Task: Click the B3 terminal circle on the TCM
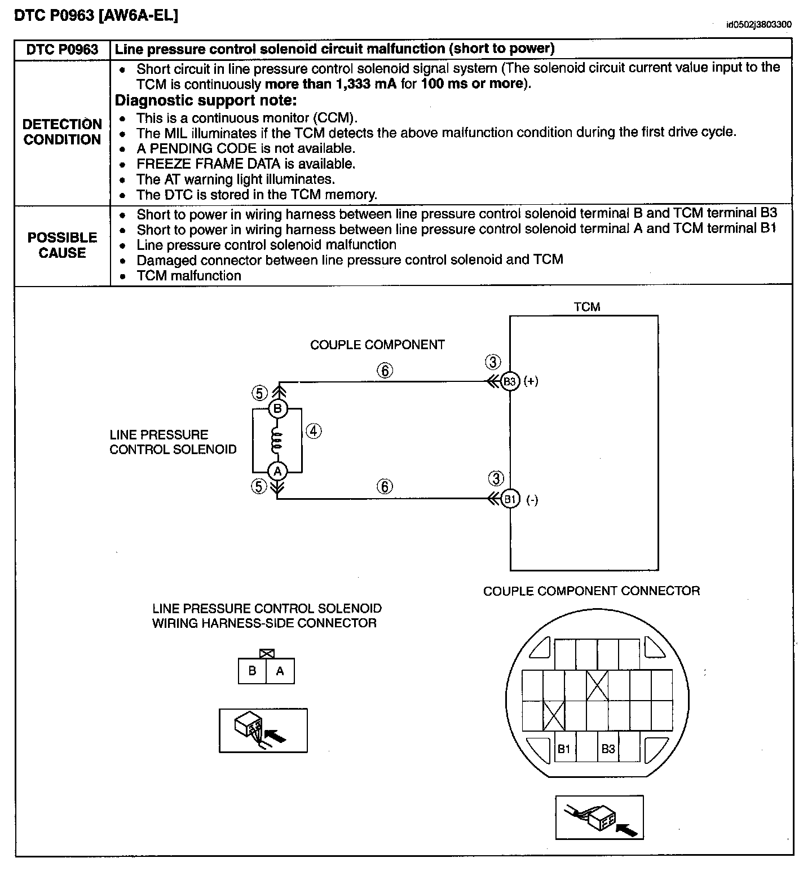(510, 382)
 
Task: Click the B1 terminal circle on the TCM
(510, 499)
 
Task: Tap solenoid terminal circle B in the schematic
(277, 408)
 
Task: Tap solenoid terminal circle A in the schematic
(277, 471)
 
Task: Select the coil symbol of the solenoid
(276, 440)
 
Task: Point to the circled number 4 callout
(314, 432)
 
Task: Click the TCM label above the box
(586, 307)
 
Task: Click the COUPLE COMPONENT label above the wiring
(377, 345)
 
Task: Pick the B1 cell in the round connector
(564, 749)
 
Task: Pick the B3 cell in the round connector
(608, 749)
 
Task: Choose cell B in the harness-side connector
(252, 671)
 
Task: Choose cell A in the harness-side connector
(280, 671)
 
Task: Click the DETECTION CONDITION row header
(62, 132)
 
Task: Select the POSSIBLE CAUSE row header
(62, 245)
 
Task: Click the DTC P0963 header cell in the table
(62, 50)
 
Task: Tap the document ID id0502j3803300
(758, 25)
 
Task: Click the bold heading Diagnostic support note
(206, 101)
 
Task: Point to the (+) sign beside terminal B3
(531, 381)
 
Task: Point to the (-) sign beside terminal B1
(532, 500)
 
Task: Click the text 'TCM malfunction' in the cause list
(189, 276)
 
